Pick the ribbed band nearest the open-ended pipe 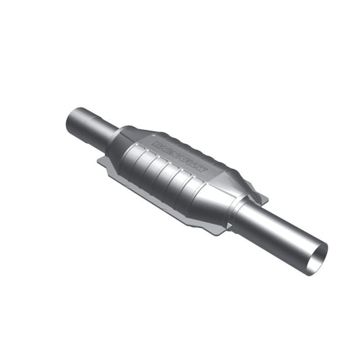pyautogui.click(x=192, y=188)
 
